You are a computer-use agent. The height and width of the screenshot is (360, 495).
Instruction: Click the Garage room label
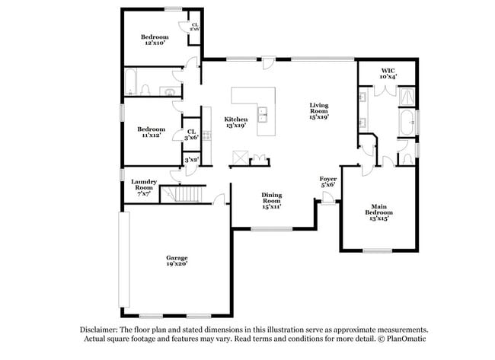(x=177, y=261)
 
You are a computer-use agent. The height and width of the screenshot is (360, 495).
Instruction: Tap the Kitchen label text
(x=235, y=123)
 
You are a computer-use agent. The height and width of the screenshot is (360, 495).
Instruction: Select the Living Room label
(x=319, y=110)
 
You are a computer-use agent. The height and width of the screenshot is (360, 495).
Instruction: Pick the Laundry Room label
(x=144, y=188)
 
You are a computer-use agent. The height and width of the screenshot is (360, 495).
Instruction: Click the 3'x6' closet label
(x=190, y=135)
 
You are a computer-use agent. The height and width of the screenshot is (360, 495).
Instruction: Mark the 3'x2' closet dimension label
(x=191, y=160)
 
